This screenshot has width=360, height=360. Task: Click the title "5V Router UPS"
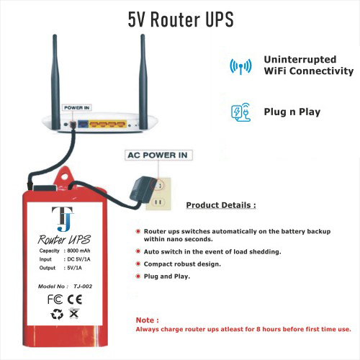(x=181, y=19)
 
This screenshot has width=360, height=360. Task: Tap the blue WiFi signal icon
(x=240, y=66)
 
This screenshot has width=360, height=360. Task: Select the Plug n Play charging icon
(x=240, y=112)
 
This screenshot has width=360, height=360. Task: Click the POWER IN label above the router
(x=77, y=108)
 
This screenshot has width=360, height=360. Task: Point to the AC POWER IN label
(x=158, y=155)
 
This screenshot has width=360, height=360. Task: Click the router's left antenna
(x=55, y=81)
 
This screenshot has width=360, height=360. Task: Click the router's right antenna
(x=143, y=81)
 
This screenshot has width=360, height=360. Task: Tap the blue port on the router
(x=83, y=124)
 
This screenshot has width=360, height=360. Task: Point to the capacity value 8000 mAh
(x=78, y=251)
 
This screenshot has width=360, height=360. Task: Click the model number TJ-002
(x=83, y=287)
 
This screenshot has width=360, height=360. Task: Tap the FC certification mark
(x=55, y=300)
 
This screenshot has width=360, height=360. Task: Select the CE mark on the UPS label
(x=75, y=300)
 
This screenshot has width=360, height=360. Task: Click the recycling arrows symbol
(x=57, y=314)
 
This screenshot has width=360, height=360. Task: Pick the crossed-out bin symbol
(x=74, y=313)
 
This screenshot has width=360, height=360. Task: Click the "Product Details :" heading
(x=221, y=205)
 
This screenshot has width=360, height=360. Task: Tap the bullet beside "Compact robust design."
(x=138, y=264)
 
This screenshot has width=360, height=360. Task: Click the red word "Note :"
(x=148, y=320)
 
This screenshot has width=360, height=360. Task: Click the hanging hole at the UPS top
(x=64, y=177)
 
